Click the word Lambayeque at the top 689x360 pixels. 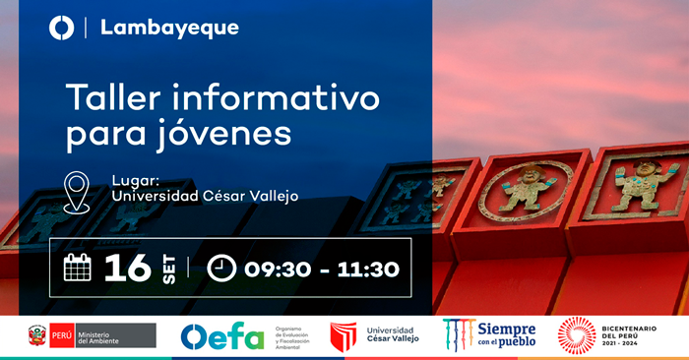pyautogui.click(x=169, y=28)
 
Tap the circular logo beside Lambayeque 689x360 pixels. pyautogui.click(x=61, y=28)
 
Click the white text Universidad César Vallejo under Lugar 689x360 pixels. pyautogui.click(x=205, y=196)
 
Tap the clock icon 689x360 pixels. pyautogui.click(x=222, y=268)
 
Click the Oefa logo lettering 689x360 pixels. pyautogui.click(x=221, y=336)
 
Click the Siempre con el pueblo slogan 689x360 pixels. pyautogui.click(x=505, y=335)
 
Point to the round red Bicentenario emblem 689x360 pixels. pyautogui.click(x=577, y=335)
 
